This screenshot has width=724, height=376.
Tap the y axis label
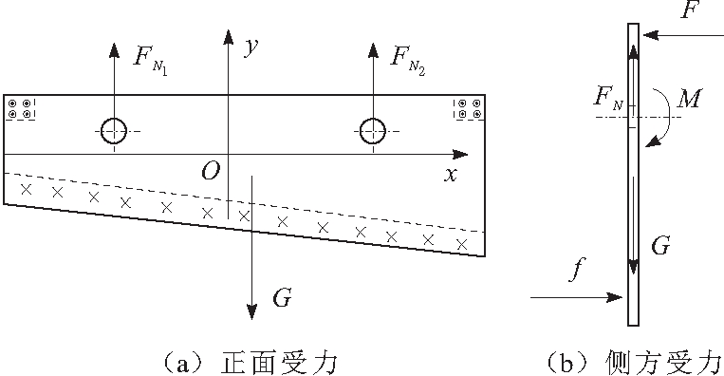(251, 48)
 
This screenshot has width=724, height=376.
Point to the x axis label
(451, 174)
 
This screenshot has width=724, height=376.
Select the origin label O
(210, 171)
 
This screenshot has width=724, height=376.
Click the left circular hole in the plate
(115, 131)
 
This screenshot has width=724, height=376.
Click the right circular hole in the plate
(373, 131)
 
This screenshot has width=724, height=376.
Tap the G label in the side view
(661, 247)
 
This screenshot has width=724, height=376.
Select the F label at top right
(689, 12)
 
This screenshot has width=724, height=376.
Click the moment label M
(690, 97)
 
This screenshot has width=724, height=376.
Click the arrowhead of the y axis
(228, 36)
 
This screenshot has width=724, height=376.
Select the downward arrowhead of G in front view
(251, 311)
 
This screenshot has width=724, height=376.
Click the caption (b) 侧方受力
(634, 362)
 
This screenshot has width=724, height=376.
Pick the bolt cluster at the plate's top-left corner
(20, 108)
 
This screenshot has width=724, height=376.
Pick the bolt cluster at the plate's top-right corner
(469, 108)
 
